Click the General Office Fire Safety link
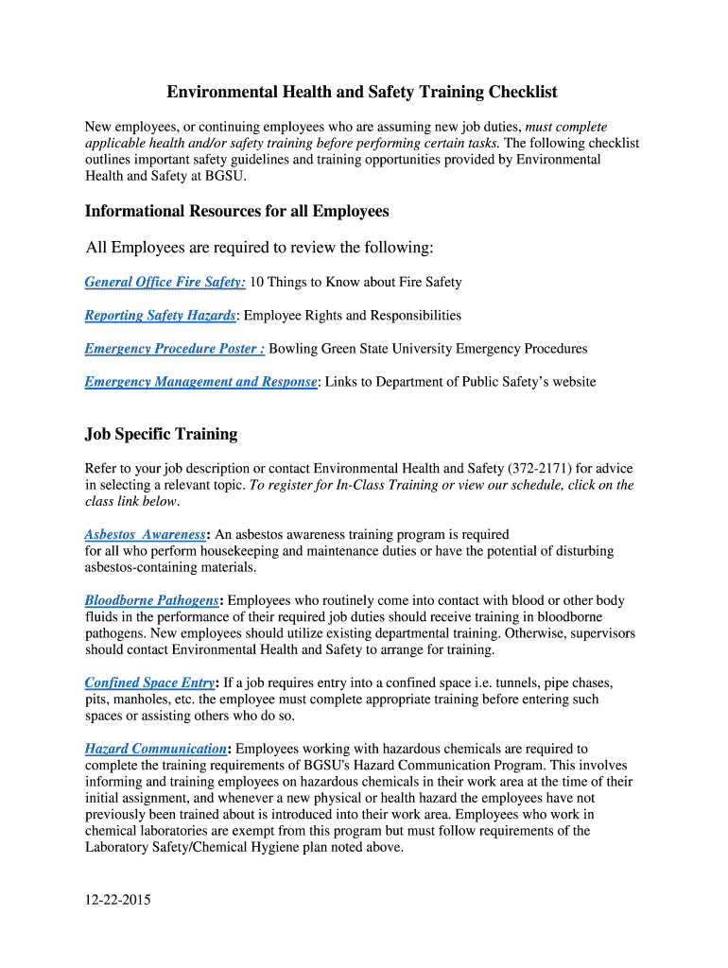[165, 282]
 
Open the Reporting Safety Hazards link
[159, 315]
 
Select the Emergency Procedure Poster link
[174, 349]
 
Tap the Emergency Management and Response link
[200, 382]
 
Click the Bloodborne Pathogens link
[151, 600]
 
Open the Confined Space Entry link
[149, 683]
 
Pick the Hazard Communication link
[155, 749]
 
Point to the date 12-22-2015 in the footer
[117, 900]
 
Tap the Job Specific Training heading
[161, 434]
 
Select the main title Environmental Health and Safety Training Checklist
[362, 92]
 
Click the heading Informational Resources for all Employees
[237, 211]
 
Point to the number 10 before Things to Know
[257, 282]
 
